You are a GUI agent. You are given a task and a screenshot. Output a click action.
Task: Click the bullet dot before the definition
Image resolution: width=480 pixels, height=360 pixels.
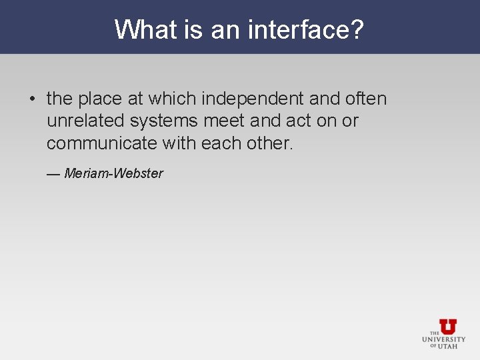31,100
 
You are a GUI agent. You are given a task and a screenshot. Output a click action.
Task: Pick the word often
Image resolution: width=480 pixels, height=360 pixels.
366,99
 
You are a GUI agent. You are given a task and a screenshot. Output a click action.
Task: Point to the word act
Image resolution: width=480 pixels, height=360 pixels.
295,121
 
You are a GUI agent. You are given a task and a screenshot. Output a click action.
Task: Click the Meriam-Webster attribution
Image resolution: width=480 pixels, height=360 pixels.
113,173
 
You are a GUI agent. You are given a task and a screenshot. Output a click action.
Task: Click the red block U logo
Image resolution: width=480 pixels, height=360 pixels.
448,327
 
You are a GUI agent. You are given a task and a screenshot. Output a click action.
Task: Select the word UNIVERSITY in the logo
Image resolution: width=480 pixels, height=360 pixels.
444,339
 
